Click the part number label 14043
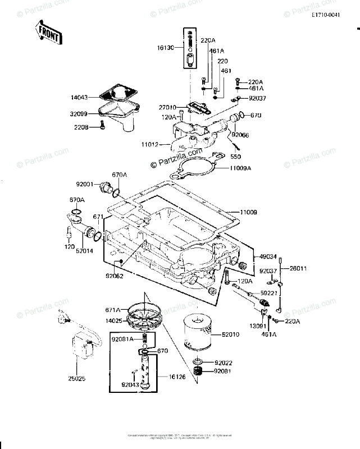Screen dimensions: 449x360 pyautogui.click(x=79, y=97)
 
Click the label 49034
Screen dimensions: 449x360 pyautogui.click(x=268, y=256)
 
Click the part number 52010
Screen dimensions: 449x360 pyautogui.click(x=231, y=335)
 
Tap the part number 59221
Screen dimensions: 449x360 pyautogui.click(x=268, y=292)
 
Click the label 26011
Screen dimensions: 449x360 pyautogui.click(x=298, y=269)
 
